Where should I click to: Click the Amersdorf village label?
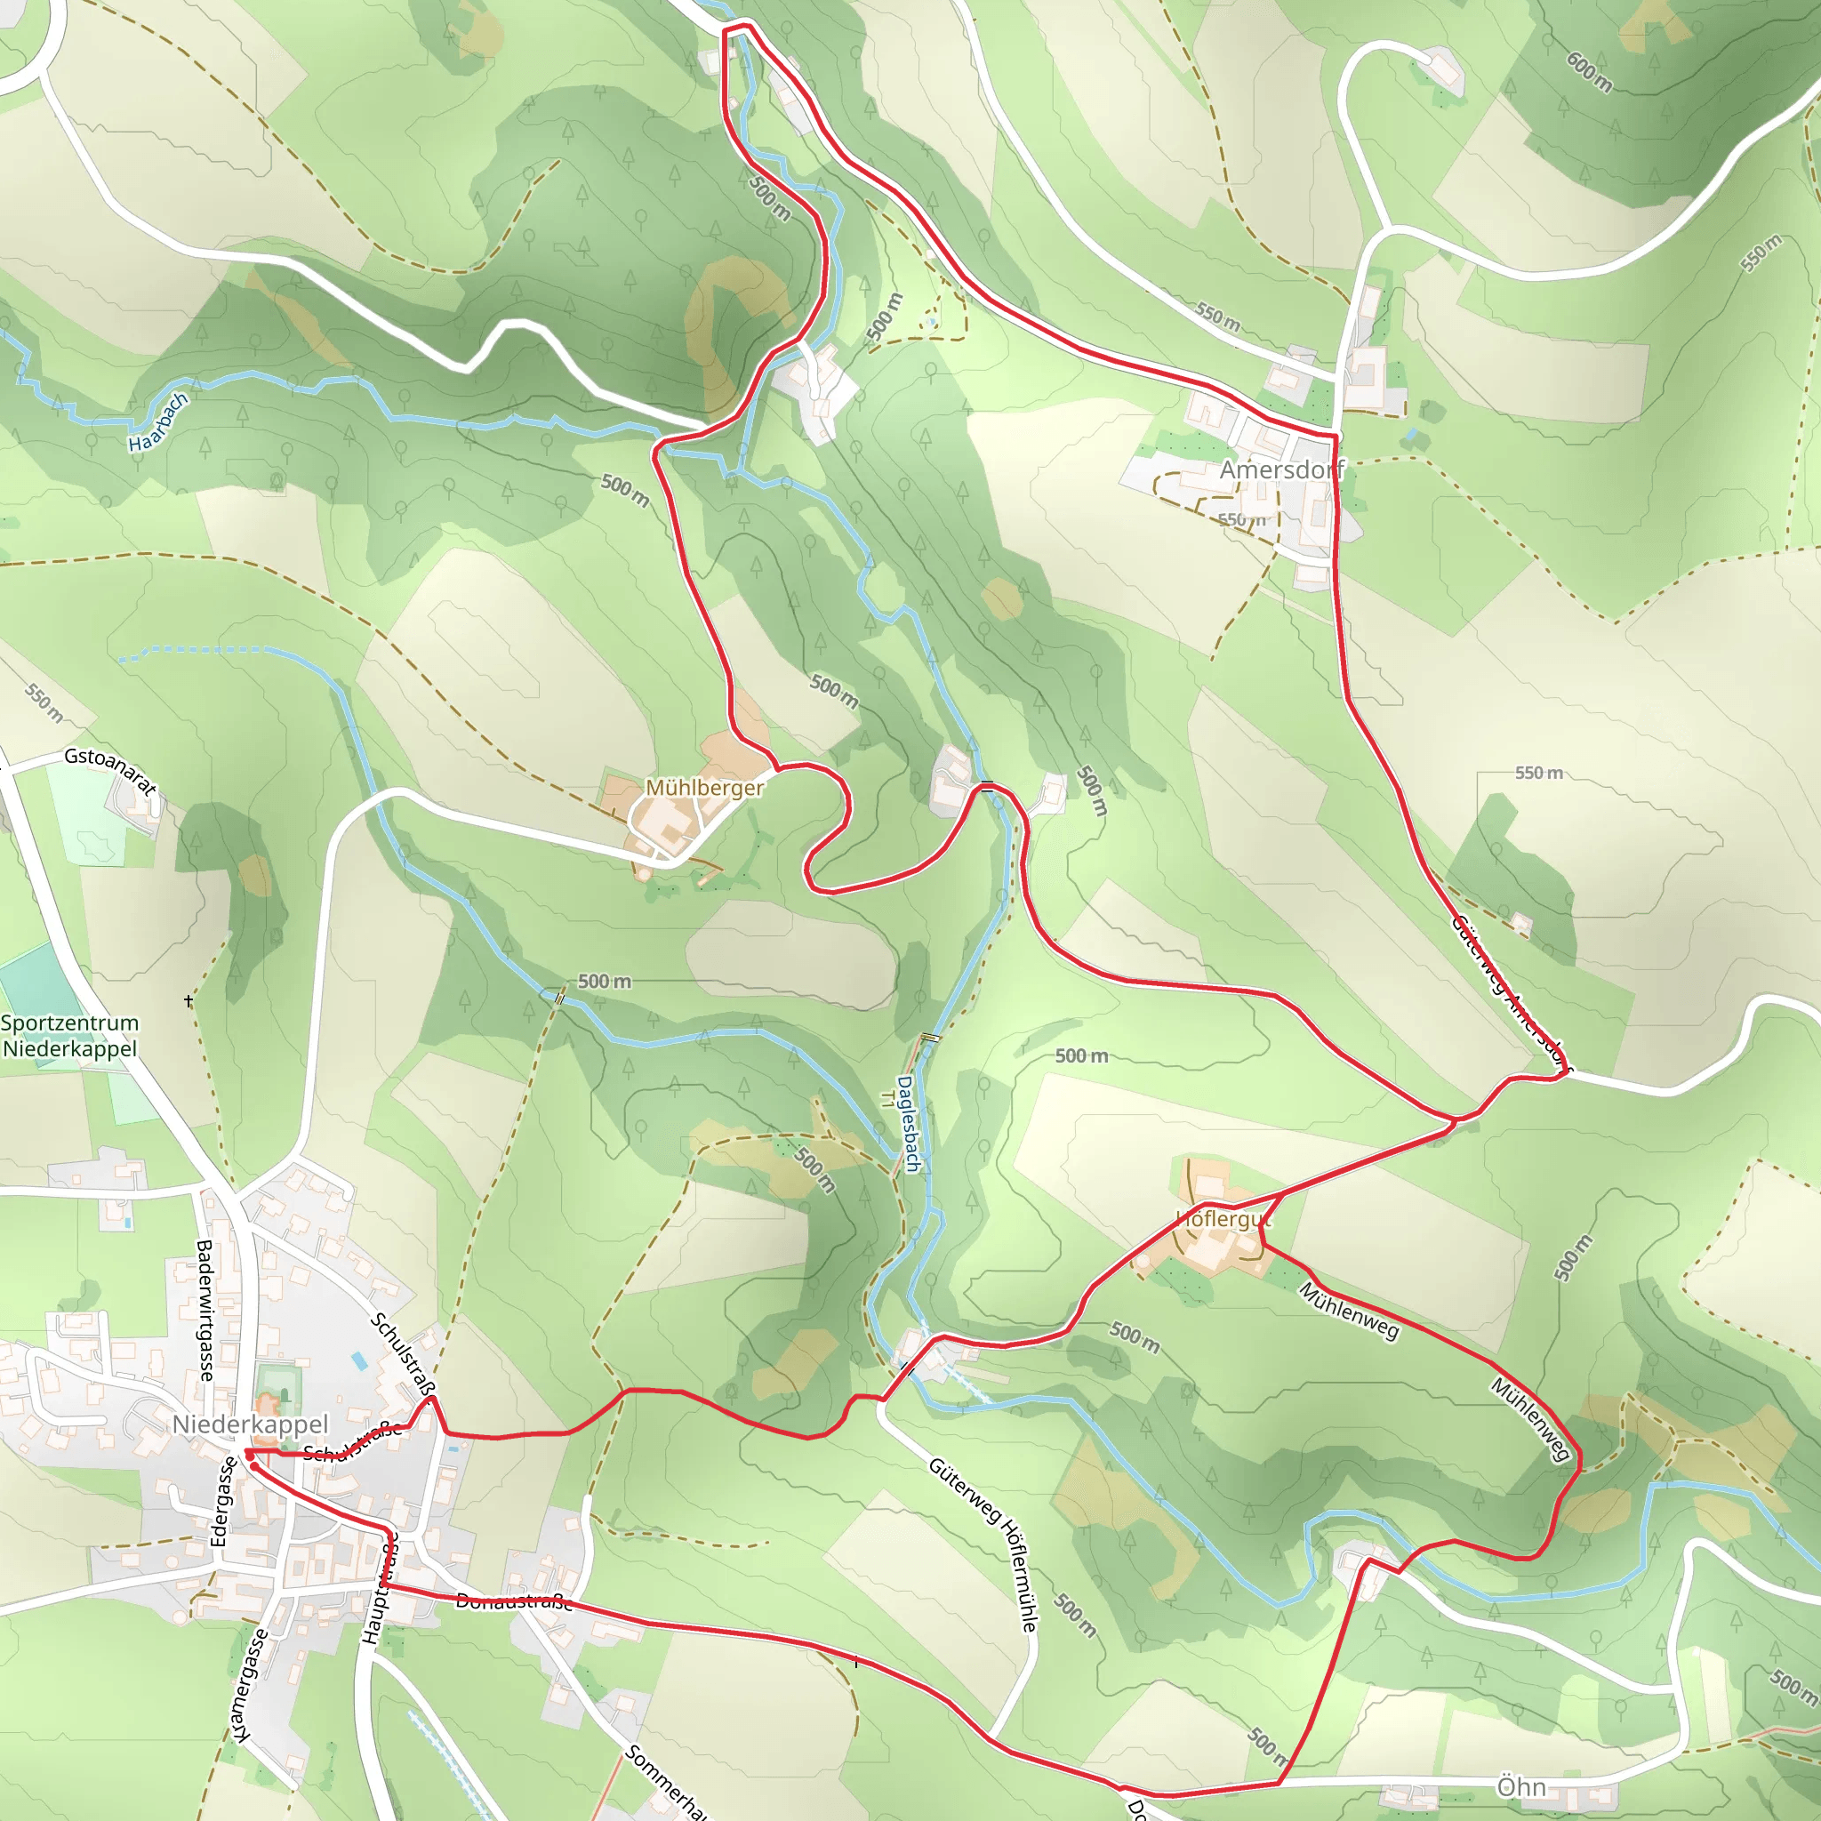(x=1281, y=469)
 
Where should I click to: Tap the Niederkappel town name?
(x=250, y=1424)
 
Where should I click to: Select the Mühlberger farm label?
(x=704, y=787)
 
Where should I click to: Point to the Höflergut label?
(x=1223, y=1219)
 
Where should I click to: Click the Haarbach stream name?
(x=158, y=422)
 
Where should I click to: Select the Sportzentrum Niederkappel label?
(x=69, y=1036)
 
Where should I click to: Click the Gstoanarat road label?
(x=110, y=770)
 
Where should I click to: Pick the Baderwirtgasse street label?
(x=205, y=1310)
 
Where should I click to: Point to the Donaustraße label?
(x=514, y=1601)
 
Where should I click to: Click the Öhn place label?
(x=1521, y=1787)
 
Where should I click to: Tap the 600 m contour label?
(x=1589, y=72)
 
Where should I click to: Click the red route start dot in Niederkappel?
(x=250, y=1456)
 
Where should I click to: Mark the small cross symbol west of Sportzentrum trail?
(x=189, y=1001)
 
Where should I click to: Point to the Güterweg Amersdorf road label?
(x=1510, y=995)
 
